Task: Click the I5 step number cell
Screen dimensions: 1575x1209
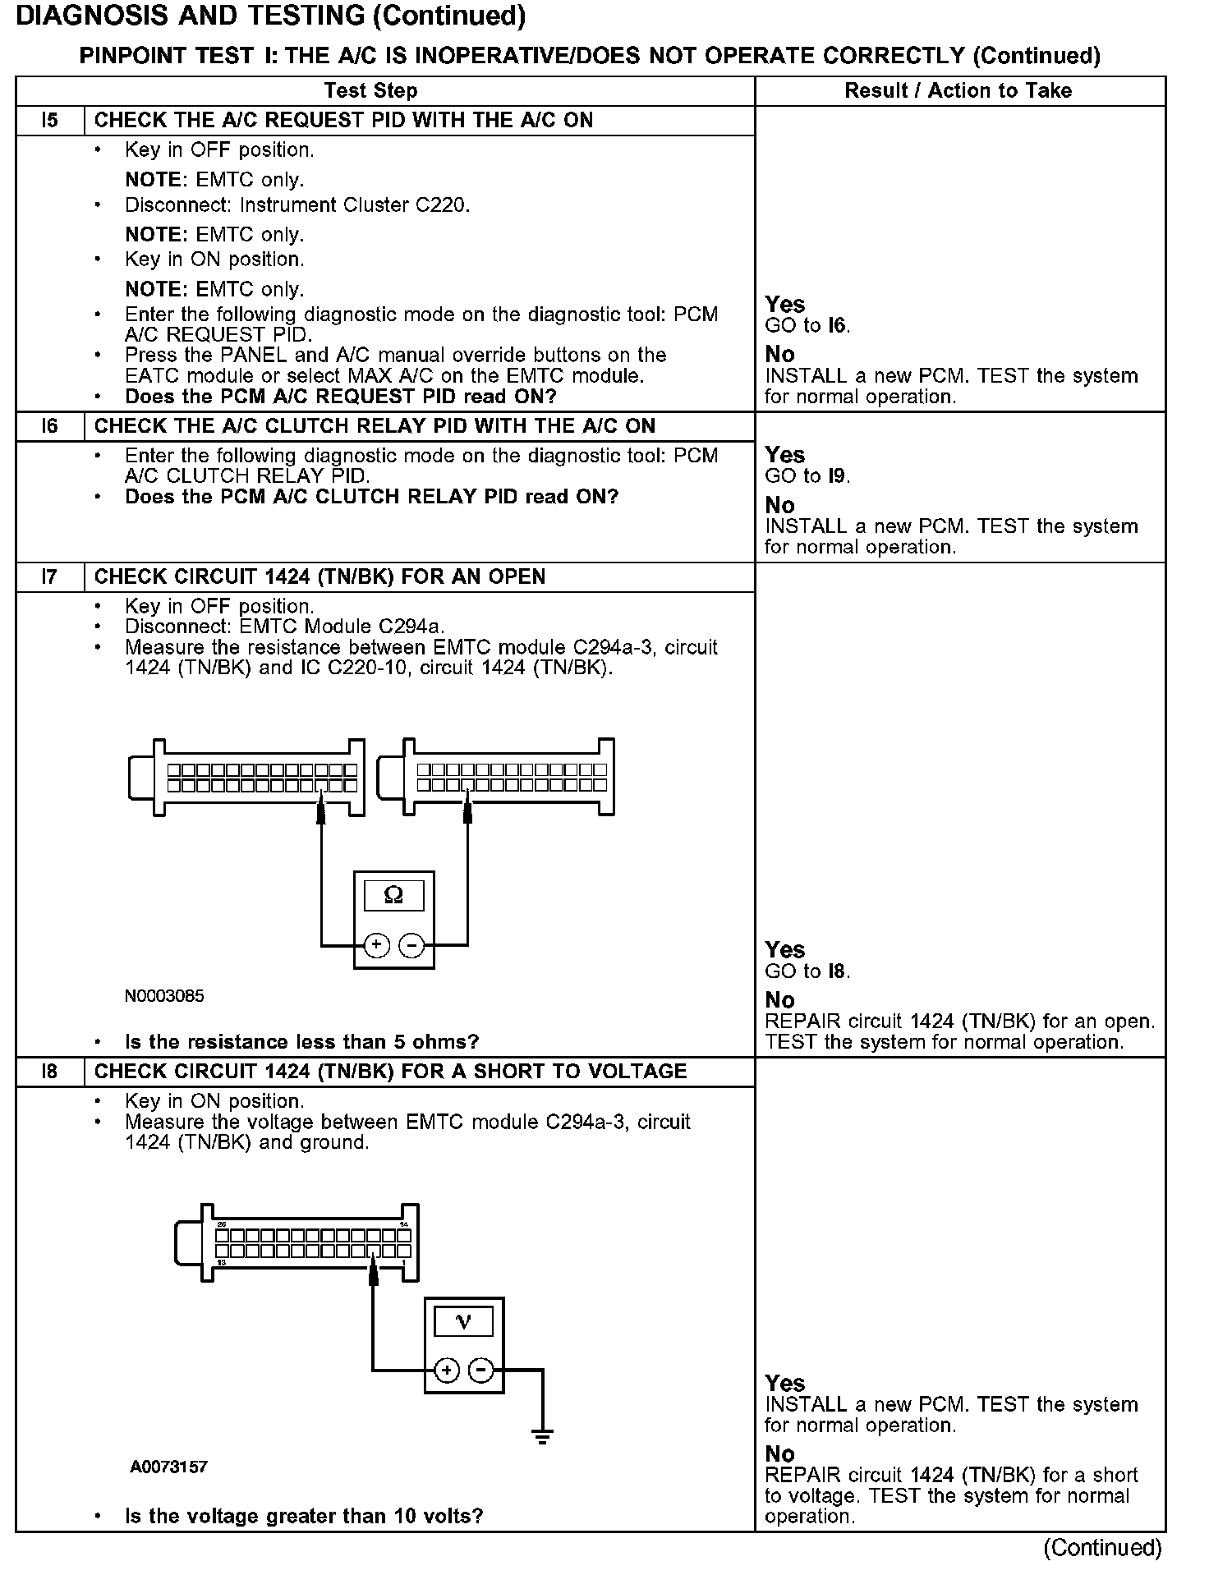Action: pos(49,121)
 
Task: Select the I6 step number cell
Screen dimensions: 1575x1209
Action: pos(49,426)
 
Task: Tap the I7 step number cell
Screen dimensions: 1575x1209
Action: pos(49,577)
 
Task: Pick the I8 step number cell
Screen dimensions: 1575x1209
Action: pos(49,1072)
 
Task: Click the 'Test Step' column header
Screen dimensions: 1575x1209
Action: pos(370,90)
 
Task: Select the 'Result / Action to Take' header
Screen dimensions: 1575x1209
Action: pos(958,90)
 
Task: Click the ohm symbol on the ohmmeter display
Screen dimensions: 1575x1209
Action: pos(393,895)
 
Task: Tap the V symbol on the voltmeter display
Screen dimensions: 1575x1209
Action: pos(463,1321)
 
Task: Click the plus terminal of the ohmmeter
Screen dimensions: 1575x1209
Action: pos(376,945)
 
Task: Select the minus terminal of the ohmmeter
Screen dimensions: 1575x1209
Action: pos(411,945)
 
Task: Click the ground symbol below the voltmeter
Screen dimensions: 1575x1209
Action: pos(542,1436)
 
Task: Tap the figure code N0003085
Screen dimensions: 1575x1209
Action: pos(164,996)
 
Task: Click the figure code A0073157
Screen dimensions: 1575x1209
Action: pos(168,1467)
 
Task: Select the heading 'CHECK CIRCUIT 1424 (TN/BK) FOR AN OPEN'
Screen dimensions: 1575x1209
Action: pos(319,577)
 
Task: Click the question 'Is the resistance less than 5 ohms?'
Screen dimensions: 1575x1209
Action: pos(301,1042)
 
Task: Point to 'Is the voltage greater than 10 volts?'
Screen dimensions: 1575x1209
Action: pos(303,1516)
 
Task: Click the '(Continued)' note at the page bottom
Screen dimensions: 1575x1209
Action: pos(1102,1548)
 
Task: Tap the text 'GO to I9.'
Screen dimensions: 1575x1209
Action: pos(807,476)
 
